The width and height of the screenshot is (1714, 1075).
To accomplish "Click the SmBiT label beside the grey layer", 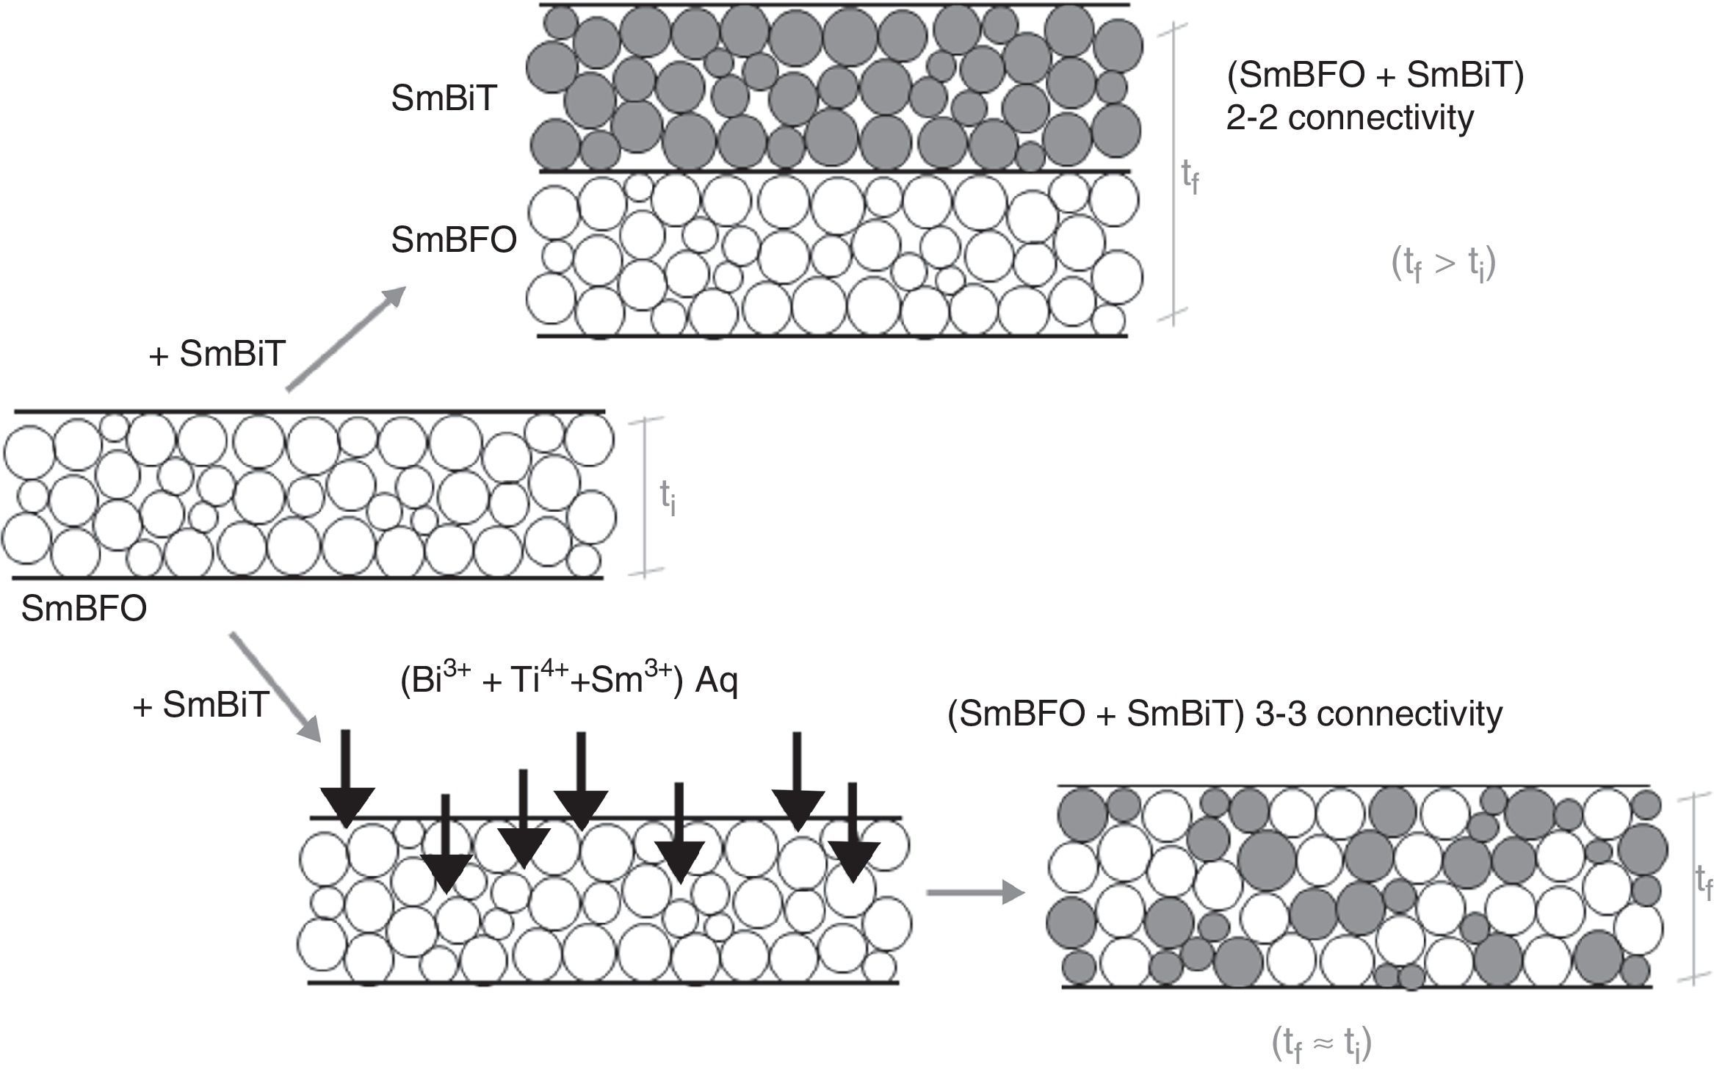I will coord(444,98).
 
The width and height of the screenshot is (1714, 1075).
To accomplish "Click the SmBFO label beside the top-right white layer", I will coord(453,240).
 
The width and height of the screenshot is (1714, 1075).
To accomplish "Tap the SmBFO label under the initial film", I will coord(84,609).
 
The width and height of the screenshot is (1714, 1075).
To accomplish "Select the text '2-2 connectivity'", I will coord(1349,117).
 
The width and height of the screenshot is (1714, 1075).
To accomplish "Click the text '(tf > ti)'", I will coord(1443,264).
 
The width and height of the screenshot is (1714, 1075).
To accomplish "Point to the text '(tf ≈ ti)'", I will coord(1321,1043).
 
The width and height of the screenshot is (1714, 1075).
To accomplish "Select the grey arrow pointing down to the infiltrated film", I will coord(276,687).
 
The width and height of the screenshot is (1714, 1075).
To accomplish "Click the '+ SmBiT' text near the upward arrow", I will coord(217,355).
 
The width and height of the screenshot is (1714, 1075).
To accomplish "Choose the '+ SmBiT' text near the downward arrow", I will coord(200,705).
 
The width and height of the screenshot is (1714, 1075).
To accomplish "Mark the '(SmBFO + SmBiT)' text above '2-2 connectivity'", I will coord(1375,76).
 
